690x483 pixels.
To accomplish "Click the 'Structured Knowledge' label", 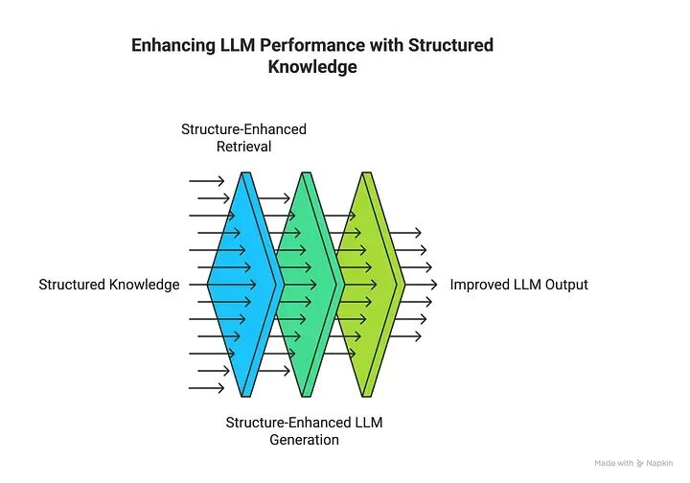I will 109,285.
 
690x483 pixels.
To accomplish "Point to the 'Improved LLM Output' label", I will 518,285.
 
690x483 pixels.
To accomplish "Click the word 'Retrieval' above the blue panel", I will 243,147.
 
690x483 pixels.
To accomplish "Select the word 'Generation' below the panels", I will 304,440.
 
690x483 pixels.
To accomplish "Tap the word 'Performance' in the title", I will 309,46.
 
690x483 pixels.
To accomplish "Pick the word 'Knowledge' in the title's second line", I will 311,67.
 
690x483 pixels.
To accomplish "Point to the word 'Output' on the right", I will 565,285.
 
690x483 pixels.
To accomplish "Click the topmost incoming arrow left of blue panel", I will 207,180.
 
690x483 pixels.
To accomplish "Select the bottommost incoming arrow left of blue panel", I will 207,388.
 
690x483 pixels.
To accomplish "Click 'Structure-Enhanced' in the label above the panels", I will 243,129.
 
